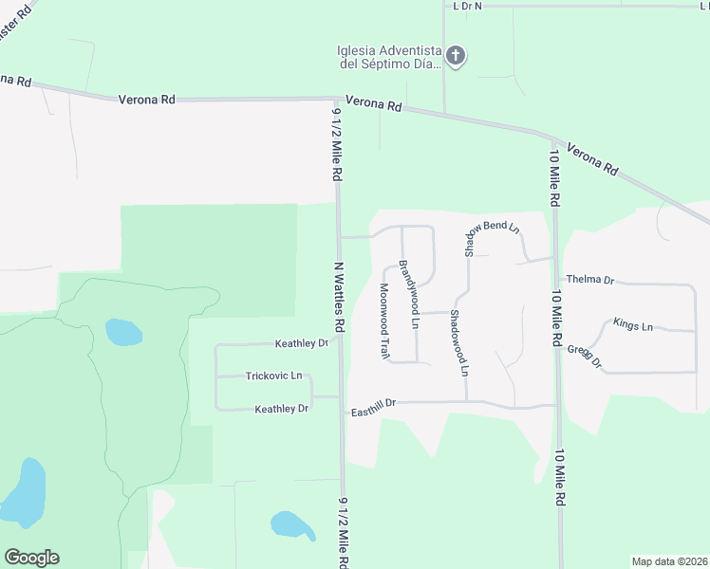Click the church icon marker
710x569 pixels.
[456, 56]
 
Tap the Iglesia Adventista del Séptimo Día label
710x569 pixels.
[389, 58]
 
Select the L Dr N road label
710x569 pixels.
[467, 6]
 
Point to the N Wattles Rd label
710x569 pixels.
[338, 296]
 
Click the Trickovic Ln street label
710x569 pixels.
[273, 376]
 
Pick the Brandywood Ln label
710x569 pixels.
[408, 293]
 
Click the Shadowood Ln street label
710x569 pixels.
[458, 342]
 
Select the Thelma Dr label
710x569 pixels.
[590, 281]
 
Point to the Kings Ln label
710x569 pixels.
[633, 326]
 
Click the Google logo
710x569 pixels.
[31, 558]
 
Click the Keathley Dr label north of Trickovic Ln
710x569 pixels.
[301, 343]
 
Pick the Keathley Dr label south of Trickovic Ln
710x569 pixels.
[282, 409]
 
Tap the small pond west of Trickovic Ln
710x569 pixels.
[122, 332]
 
